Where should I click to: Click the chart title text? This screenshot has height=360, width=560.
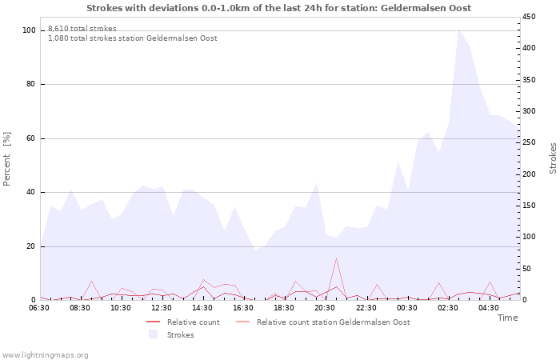tap(278, 8)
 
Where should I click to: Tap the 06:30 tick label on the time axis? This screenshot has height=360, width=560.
tap(39, 307)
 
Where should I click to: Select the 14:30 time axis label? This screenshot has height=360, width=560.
tap(202, 307)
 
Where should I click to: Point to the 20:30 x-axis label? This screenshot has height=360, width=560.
tap(325, 307)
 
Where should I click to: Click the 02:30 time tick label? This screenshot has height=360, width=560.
tap(447, 307)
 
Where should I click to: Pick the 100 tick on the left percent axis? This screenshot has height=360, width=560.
tap(30, 30)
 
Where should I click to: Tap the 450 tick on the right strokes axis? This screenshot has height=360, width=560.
tap(530, 17)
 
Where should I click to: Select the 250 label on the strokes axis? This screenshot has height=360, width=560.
tap(530, 142)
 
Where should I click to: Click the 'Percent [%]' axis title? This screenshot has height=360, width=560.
tap(7, 158)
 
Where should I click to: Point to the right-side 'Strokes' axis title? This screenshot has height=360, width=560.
tap(553, 158)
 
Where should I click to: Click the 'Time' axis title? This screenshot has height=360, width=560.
tap(507, 318)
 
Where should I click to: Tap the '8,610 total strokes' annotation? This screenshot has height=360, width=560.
tap(82, 29)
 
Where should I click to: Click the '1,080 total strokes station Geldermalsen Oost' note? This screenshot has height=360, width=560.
tap(133, 38)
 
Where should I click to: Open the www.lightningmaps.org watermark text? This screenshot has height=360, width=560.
tap(46, 355)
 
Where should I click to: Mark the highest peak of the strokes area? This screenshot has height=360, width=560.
tap(458, 30)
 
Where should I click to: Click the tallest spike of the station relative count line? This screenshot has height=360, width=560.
tap(336, 258)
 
